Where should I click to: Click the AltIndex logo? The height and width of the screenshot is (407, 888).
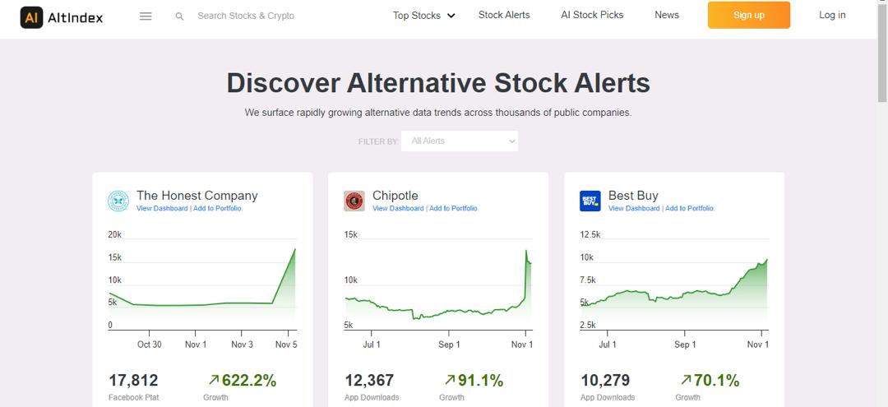coord(62,16)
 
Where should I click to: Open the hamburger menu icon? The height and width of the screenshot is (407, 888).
coord(146,16)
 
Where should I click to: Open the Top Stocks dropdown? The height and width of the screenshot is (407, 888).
coord(423,16)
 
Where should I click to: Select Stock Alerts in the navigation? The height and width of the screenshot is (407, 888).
coord(504,15)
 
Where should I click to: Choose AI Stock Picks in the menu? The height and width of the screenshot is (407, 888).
coord(592,15)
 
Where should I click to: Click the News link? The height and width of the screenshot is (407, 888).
coord(667,15)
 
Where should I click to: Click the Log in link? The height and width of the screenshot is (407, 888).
coord(832,15)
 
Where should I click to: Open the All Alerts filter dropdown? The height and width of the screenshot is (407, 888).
coord(460,141)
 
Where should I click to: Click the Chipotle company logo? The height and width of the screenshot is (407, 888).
coord(354,201)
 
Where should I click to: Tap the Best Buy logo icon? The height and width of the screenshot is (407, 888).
coord(590,201)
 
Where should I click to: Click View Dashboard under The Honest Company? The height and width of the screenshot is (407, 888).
coord(162,209)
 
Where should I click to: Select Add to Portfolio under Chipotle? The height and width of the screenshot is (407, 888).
coord(453,209)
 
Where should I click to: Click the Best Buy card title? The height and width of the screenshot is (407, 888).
coord(633,196)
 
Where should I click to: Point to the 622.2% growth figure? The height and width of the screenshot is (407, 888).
coord(247,381)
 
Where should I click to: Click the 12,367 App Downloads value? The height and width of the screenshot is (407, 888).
coord(369,381)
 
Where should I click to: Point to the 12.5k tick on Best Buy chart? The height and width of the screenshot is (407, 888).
coord(590,235)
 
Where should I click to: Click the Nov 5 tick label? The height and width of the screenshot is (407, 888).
coord(286,345)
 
